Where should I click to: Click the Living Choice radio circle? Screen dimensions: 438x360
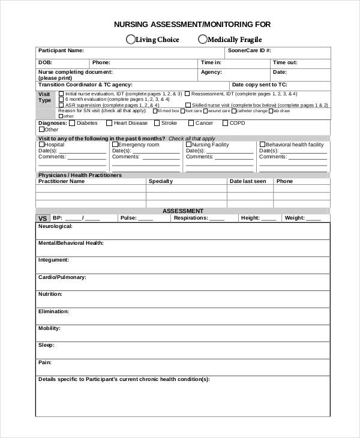click(x=130, y=40)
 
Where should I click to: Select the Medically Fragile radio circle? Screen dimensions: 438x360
click(x=202, y=40)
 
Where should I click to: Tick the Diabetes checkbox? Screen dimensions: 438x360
click(x=72, y=123)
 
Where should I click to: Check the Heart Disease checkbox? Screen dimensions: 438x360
click(x=109, y=123)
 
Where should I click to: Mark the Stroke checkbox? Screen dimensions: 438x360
click(x=157, y=123)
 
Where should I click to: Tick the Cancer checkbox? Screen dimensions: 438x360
click(x=191, y=123)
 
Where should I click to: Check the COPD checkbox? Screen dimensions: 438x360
click(x=226, y=123)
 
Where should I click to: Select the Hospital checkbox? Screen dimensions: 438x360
click(x=41, y=145)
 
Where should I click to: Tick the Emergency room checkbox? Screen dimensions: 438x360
click(x=115, y=145)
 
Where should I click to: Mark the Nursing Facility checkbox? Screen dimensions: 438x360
click(x=188, y=145)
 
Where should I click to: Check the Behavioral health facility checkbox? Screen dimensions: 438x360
click(x=262, y=145)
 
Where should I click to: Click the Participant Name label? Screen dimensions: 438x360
click(x=61, y=51)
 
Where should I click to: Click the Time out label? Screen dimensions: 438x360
click(x=285, y=62)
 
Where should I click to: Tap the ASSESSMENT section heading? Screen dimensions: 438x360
click(x=183, y=211)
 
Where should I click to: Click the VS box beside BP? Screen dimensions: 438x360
click(x=43, y=218)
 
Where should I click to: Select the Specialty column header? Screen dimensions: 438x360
click(x=160, y=181)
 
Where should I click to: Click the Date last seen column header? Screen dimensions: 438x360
click(x=248, y=181)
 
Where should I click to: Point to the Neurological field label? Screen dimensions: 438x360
click(x=55, y=226)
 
